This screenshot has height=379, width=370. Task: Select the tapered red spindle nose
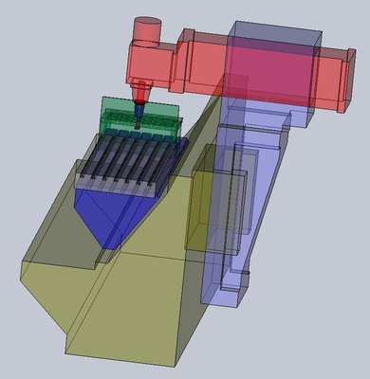point(141,93)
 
